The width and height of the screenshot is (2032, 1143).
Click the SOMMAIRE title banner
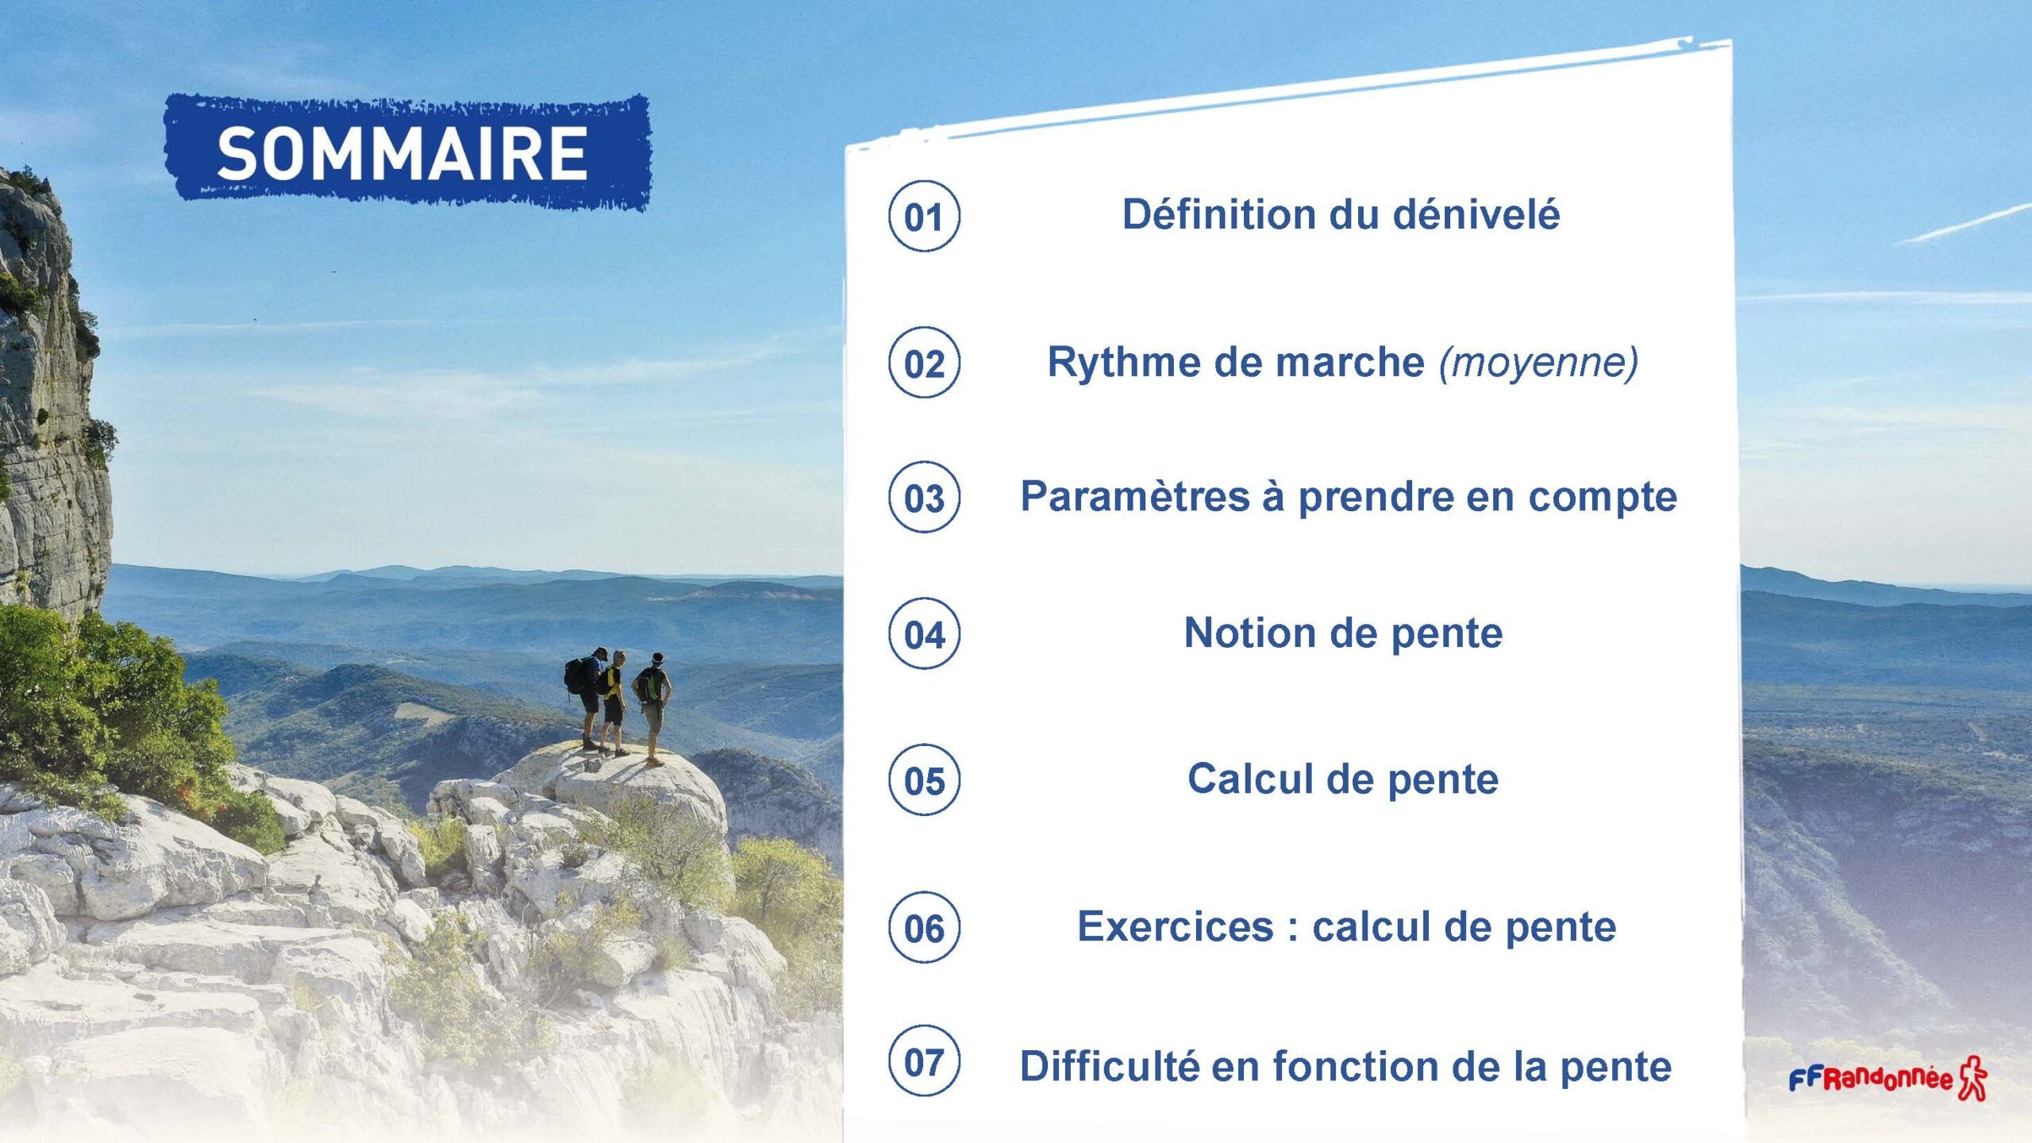click(x=407, y=152)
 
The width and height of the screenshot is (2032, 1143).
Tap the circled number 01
click(x=924, y=217)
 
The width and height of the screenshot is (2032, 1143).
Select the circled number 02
click(x=924, y=363)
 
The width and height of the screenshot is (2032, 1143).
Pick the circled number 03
click(x=924, y=498)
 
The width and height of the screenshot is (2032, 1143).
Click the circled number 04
click(x=924, y=634)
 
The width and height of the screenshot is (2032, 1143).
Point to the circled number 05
click(x=924, y=780)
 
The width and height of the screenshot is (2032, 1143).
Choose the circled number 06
click(x=924, y=928)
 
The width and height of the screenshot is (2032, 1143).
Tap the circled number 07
click(x=924, y=1061)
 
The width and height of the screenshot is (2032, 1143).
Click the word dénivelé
click(x=1476, y=214)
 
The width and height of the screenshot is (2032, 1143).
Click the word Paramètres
click(x=1134, y=497)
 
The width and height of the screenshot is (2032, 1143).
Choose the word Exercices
click(x=1176, y=926)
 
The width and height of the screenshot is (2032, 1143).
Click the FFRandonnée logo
click(x=1888, y=1078)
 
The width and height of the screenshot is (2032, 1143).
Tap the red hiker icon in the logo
click(x=1972, y=1078)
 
